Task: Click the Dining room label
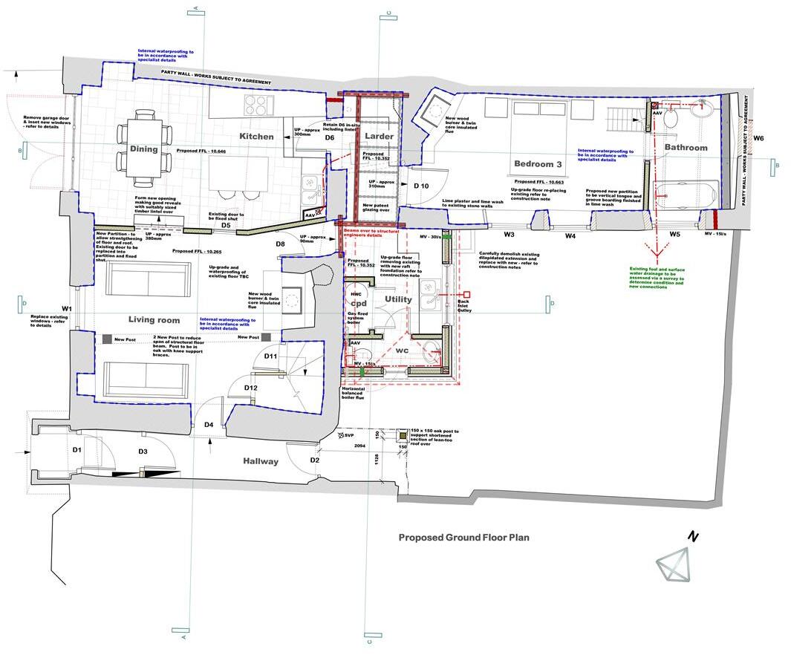coord(144,149)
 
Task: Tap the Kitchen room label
coord(256,137)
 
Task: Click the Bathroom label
coord(686,148)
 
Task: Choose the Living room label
coord(154,320)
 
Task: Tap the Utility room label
coord(397,299)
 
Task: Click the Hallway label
coord(261,461)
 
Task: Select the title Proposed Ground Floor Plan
coord(463,538)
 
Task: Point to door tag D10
coord(421,185)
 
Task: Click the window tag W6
coord(758,138)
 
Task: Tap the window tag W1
coord(67,308)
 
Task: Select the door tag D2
coord(314,460)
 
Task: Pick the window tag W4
coord(570,235)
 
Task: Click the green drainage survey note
coord(657,278)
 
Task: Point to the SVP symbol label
coord(346,435)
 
